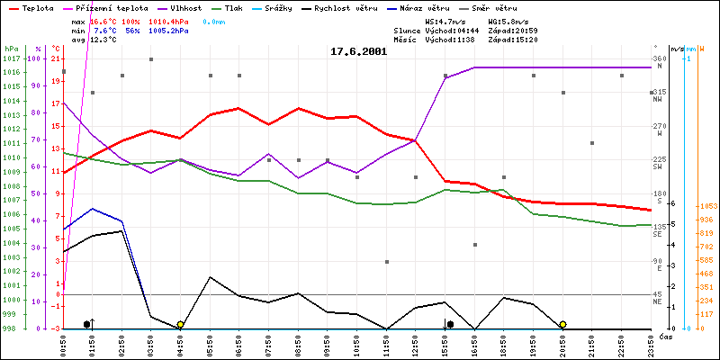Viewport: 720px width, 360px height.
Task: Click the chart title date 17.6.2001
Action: click(x=359, y=51)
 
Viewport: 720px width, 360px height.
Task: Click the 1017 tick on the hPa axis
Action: click(x=11, y=59)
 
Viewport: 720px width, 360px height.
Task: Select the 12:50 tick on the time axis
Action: click(x=416, y=344)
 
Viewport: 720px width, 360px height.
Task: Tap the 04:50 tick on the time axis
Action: click(x=181, y=344)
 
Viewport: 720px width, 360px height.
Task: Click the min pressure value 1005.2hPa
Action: click(x=171, y=30)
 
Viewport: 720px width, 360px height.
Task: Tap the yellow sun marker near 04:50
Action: click(x=181, y=324)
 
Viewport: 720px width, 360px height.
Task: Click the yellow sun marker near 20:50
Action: click(x=562, y=324)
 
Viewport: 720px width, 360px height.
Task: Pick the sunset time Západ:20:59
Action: click(x=513, y=30)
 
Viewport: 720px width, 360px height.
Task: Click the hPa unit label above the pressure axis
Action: click(x=11, y=48)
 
